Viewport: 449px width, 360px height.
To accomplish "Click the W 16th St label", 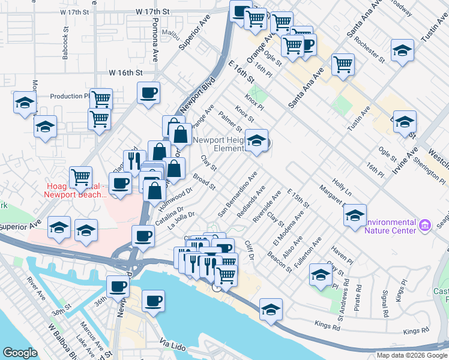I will coord(125,73).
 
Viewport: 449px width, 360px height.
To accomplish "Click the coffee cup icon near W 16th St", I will coord(148,93).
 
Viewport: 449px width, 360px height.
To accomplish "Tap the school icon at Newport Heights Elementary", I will coord(257,141).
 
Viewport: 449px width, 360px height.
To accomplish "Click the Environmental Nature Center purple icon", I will coord(425,226).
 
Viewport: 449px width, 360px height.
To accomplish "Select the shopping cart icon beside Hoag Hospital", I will coord(80,177).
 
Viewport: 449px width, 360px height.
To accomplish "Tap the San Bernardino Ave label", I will coord(238,194).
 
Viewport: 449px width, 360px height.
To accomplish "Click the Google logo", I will coord(20,353).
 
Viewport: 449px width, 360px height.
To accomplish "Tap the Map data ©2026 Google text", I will coord(411,355).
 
